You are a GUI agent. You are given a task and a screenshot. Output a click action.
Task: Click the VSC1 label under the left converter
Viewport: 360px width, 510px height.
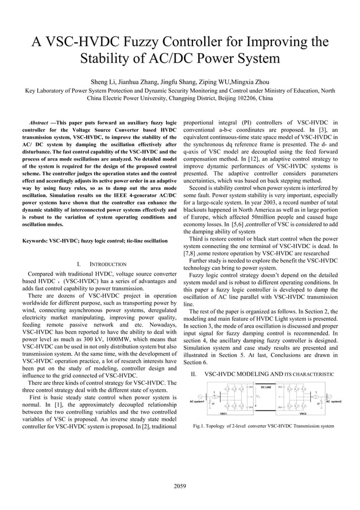click(225, 413)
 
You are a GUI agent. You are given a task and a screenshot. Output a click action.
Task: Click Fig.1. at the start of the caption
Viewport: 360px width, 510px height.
click(199, 426)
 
